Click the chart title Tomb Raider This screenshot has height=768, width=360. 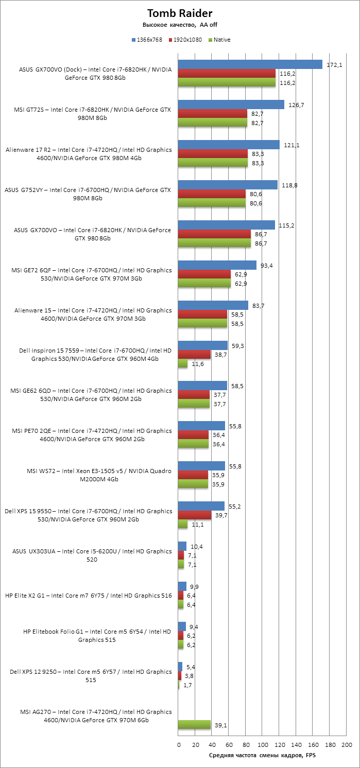[x=180, y=13]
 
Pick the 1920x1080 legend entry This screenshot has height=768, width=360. [x=187, y=40]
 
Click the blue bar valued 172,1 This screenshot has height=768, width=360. [x=250, y=64]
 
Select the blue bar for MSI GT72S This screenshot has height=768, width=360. [x=231, y=104]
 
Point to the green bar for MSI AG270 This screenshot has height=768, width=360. [x=194, y=724]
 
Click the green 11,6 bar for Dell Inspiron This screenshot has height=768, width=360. [x=183, y=363]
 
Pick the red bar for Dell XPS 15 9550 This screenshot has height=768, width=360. [x=195, y=515]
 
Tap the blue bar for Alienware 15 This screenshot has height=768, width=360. [x=213, y=305]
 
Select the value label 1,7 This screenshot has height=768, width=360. [x=187, y=685]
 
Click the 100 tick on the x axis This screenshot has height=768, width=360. [x=263, y=744]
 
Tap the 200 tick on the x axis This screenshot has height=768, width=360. [x=347, y=744]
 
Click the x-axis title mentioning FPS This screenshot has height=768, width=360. [x=262, y=755]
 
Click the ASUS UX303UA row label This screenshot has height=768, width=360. [x=92, y=555]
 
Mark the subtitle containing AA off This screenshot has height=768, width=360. [x=180, y=25]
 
